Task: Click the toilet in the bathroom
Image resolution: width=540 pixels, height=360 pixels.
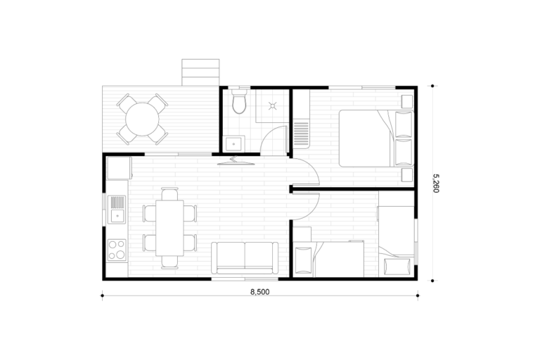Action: point(239,101)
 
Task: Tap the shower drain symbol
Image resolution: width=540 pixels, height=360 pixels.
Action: point(273,105)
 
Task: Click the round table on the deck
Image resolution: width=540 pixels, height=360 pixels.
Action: point(142,120)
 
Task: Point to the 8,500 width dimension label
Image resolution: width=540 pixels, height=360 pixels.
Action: point(260,292)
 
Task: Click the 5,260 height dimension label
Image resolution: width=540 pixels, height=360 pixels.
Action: point(436,183)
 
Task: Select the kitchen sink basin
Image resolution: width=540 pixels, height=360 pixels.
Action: point(117,210)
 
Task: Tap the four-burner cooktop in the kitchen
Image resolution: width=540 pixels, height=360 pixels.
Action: point(117,250)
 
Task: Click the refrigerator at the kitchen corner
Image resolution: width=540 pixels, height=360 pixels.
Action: point(120,168)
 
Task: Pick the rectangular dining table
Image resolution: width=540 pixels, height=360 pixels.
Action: point(169,228)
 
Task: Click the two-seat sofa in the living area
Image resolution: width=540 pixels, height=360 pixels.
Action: point(245,258)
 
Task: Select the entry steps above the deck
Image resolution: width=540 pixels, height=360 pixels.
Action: point(200,72)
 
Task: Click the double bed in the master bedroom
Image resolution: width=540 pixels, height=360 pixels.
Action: point(375,138)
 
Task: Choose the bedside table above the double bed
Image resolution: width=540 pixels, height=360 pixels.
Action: point(407,102)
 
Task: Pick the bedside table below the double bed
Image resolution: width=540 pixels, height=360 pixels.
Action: point(407,175)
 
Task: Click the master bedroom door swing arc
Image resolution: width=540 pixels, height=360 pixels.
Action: point(311,166)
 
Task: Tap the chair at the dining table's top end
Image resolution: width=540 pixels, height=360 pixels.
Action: point(169,194)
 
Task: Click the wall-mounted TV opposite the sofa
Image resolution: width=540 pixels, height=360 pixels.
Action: point(236,161)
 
